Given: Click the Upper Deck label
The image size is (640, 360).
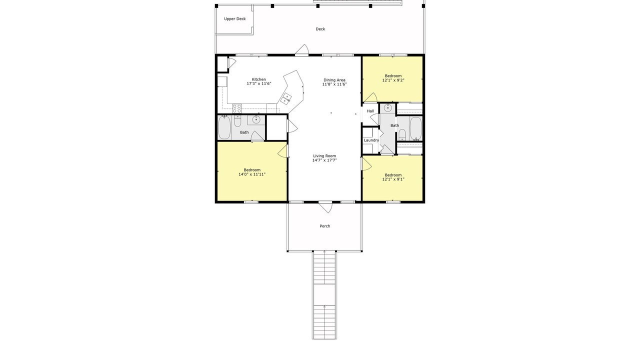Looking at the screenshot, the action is point(234,19).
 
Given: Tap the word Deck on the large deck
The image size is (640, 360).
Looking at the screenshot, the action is point(320,29).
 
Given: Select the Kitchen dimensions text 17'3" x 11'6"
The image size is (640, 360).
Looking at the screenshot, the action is point(259,83).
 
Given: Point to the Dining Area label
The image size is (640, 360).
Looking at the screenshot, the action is point(334,80).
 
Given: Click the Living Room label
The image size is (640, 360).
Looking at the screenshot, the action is point(324,155).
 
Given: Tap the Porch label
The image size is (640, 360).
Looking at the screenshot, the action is point(325,226).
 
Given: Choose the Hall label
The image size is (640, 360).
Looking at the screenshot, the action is point(370,111).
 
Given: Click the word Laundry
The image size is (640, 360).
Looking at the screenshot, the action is point(371,140).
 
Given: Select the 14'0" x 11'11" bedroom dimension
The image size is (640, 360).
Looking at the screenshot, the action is point(252,174).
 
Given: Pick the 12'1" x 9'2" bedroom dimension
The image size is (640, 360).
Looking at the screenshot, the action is point(393,80).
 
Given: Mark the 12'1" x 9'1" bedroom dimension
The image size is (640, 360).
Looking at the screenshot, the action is point(393,179).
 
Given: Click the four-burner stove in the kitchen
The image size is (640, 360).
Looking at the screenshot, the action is point(237,108).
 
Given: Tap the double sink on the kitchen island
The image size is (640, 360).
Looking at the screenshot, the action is point(285,99).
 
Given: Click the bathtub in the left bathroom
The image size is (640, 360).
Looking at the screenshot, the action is point(224,127).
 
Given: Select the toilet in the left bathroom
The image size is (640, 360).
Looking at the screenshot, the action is point(237,121).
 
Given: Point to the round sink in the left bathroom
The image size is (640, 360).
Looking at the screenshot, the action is point(256,120).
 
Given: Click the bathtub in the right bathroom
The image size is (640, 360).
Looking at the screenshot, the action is point(415,128).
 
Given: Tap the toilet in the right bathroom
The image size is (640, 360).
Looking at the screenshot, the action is point(402,134).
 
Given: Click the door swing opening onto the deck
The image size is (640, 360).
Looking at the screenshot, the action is point(302,49).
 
